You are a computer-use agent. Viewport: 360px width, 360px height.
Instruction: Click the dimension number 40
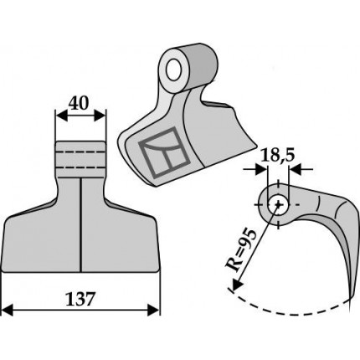point(79,103)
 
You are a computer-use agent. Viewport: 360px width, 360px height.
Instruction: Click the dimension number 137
point(81,299)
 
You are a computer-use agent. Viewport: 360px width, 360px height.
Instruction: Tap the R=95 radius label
point(241,250)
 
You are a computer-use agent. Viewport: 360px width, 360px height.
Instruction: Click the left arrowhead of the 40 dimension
point(61,116)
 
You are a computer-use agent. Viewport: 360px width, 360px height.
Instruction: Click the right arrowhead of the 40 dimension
point(100,116)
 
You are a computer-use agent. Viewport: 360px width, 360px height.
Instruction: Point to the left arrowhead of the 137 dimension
point(7,310)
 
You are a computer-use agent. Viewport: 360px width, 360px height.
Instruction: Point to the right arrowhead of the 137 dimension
point(154,310)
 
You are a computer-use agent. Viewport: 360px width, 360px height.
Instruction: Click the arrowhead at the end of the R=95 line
point(237,284)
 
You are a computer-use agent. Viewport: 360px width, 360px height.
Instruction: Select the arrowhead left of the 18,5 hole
point(260,169)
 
